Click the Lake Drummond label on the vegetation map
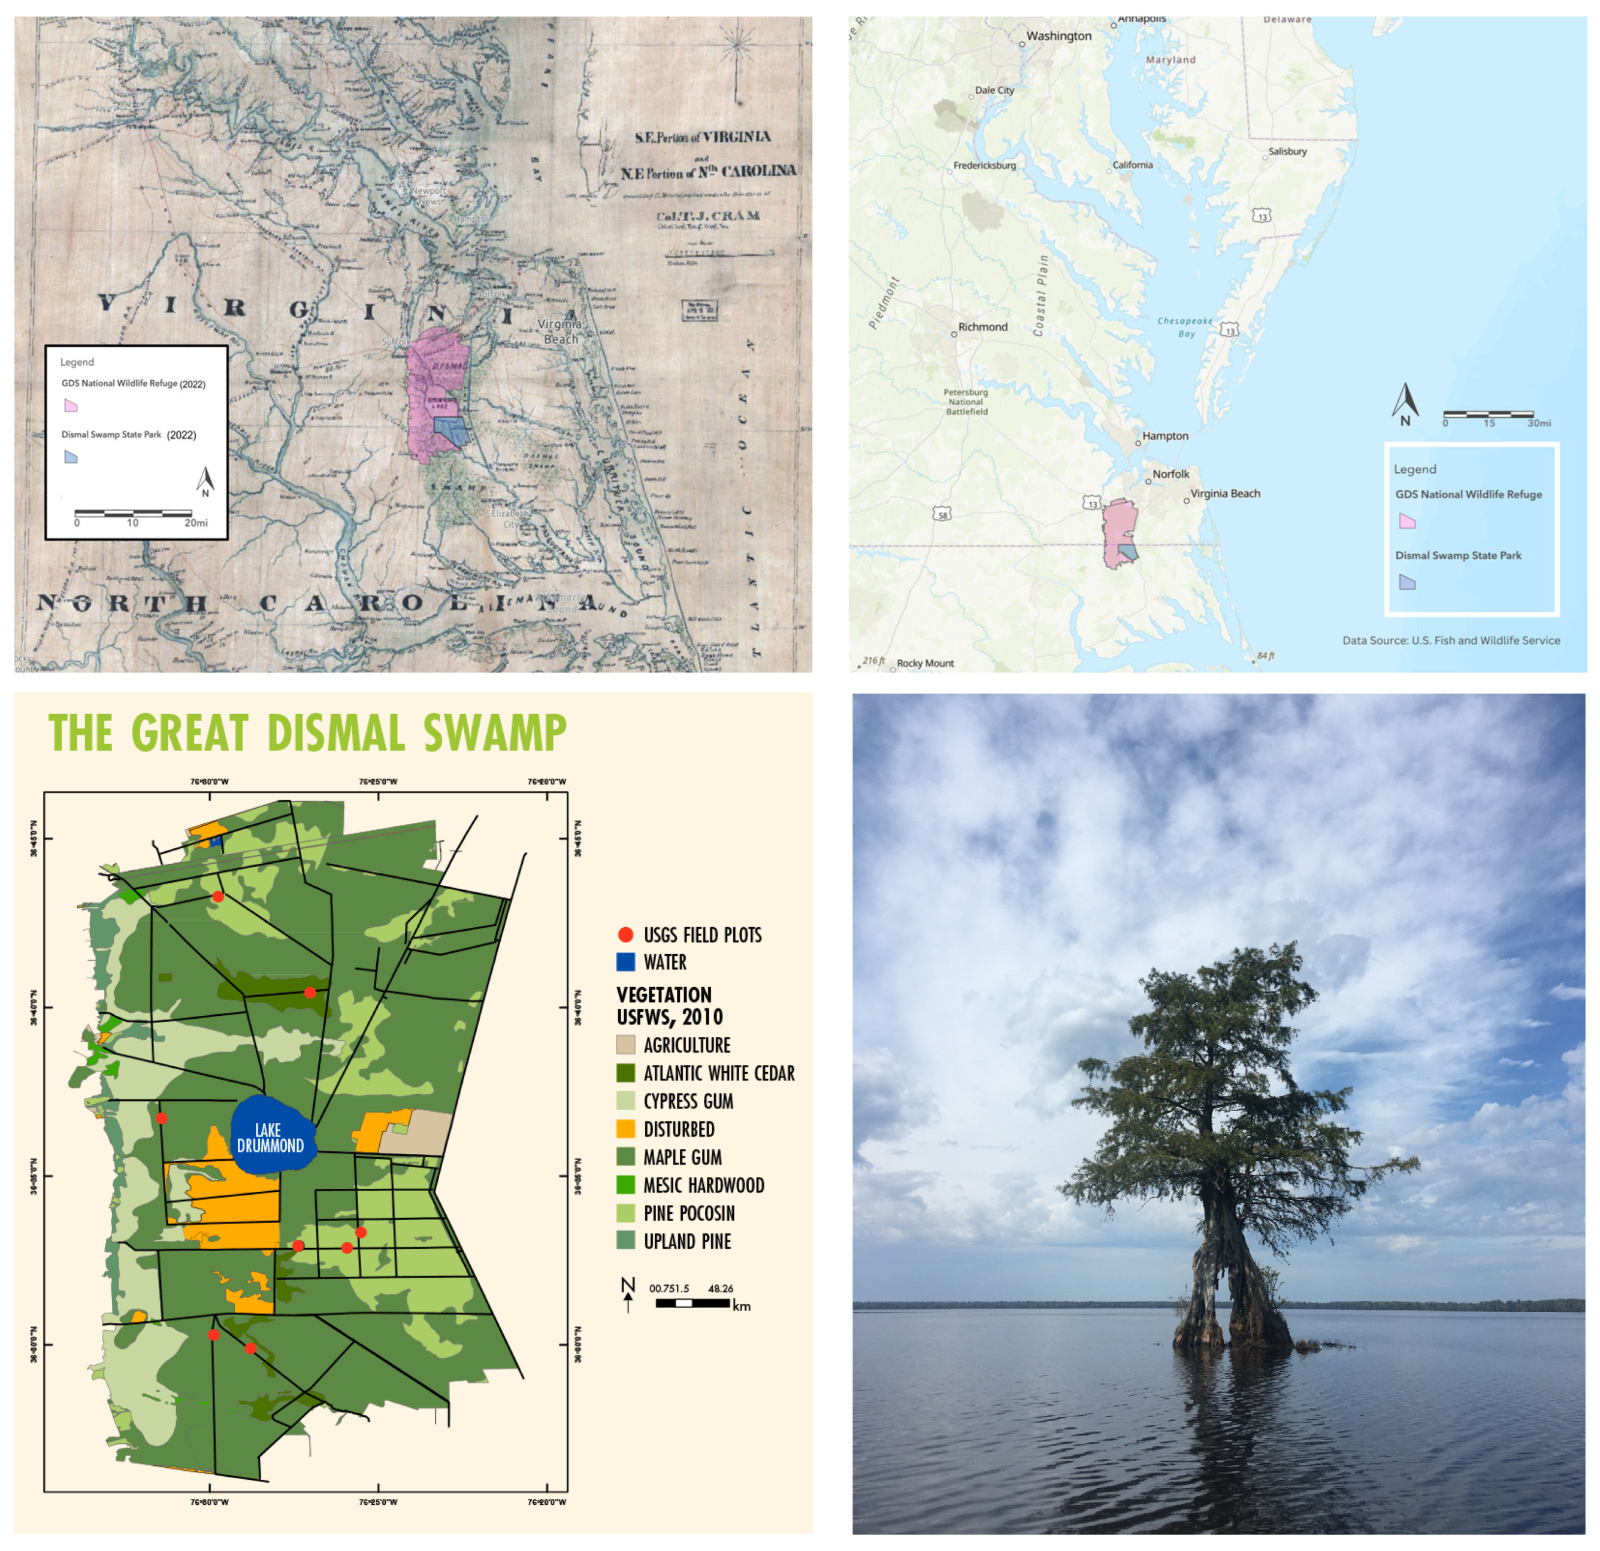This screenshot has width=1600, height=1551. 270,1137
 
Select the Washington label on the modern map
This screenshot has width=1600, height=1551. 1058,36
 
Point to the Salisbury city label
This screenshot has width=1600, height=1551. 1287,152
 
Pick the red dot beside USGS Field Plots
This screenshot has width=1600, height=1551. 625,935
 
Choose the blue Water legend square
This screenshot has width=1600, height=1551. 625,962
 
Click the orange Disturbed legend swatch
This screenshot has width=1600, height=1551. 625,1129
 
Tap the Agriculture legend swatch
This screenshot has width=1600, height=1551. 625,1045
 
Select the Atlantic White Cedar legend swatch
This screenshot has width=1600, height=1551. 625,1073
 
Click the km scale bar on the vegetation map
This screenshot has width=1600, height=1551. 692,1303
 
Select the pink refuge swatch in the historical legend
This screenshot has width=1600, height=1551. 71,405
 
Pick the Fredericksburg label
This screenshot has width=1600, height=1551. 984,166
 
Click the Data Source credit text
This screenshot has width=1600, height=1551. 1451,641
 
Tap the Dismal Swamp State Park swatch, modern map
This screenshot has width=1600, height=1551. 1407,582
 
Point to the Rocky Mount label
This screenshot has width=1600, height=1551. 925,663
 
